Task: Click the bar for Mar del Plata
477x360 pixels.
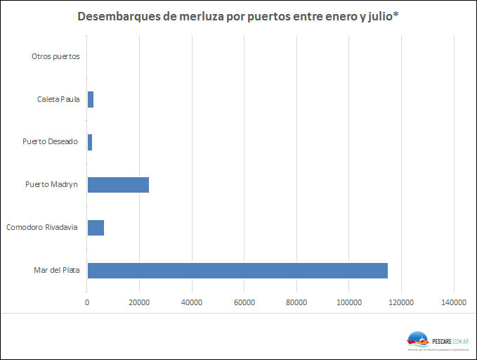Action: [237, 271]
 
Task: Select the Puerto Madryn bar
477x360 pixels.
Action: [118, 185]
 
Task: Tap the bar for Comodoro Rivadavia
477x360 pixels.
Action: [96, 227]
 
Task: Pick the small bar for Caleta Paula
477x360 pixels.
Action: [91, 99]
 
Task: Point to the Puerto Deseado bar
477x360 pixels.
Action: [90, 142]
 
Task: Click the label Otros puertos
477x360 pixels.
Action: [55, 56]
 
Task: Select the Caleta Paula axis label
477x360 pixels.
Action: [58, 99]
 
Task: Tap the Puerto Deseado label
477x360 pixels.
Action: [50, 142]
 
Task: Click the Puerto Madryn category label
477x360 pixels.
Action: [51, 185]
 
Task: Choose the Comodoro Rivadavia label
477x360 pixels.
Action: [41, 227]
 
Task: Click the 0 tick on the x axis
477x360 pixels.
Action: [87, 303]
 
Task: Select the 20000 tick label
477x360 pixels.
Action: [139, 303]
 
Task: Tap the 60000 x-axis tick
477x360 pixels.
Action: [244, 303]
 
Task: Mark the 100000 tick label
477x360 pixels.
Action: [349, 303]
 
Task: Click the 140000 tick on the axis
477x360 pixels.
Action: [454, 303]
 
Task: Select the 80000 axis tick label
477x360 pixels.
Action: [296, 303]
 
